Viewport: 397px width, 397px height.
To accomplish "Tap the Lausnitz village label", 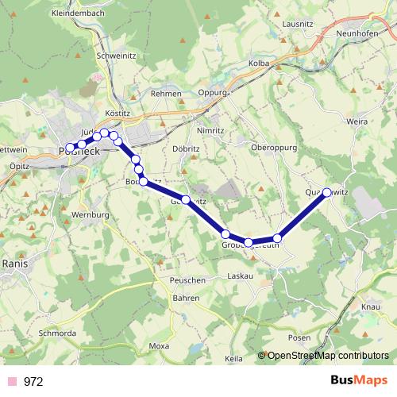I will pos(298,25).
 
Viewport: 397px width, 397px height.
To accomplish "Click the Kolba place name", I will pos(259,63).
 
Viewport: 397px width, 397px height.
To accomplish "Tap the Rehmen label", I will pos(167,94).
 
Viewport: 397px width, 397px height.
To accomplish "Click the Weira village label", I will pos(357,121).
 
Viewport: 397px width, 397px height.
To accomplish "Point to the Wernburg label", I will pos(90,215).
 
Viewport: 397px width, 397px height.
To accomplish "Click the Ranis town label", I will pos(16,262).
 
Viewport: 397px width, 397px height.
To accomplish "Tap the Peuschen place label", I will pos(187,281).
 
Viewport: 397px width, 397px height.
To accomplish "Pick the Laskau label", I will pos(240,276).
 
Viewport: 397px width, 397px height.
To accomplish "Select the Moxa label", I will pos(160,346).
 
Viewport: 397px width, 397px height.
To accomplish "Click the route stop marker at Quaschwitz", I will pos(326,192).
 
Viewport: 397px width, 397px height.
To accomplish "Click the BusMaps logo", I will pos(358,380).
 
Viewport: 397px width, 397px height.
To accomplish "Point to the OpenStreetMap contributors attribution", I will pos(328,356).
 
